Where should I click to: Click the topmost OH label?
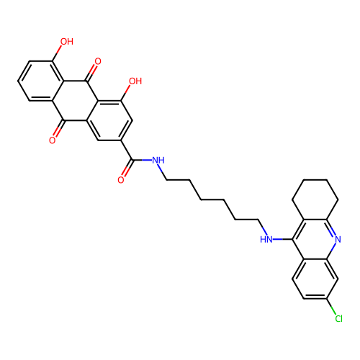(67, 42)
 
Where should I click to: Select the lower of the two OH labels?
(135, 81)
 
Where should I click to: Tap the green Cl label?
(338, 318)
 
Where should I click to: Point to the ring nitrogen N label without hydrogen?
(338, 239)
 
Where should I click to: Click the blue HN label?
(266, 239)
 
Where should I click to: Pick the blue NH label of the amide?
(158, 160)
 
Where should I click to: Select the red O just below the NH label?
(121, 180)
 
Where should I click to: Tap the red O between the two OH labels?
(98, 61)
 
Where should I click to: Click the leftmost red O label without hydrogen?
(53, 140)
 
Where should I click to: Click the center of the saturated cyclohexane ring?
(315, 199)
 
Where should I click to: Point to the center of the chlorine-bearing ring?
(315, 279)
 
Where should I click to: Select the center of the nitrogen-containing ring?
(315, 239)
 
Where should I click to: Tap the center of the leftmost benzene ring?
(41, 81)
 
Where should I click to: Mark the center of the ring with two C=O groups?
(75, 101)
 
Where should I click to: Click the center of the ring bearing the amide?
(109, 120)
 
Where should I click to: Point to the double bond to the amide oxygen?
(127, 168)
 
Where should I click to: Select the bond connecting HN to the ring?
(283, 239)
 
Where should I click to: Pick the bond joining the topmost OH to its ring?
(57, 53)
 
